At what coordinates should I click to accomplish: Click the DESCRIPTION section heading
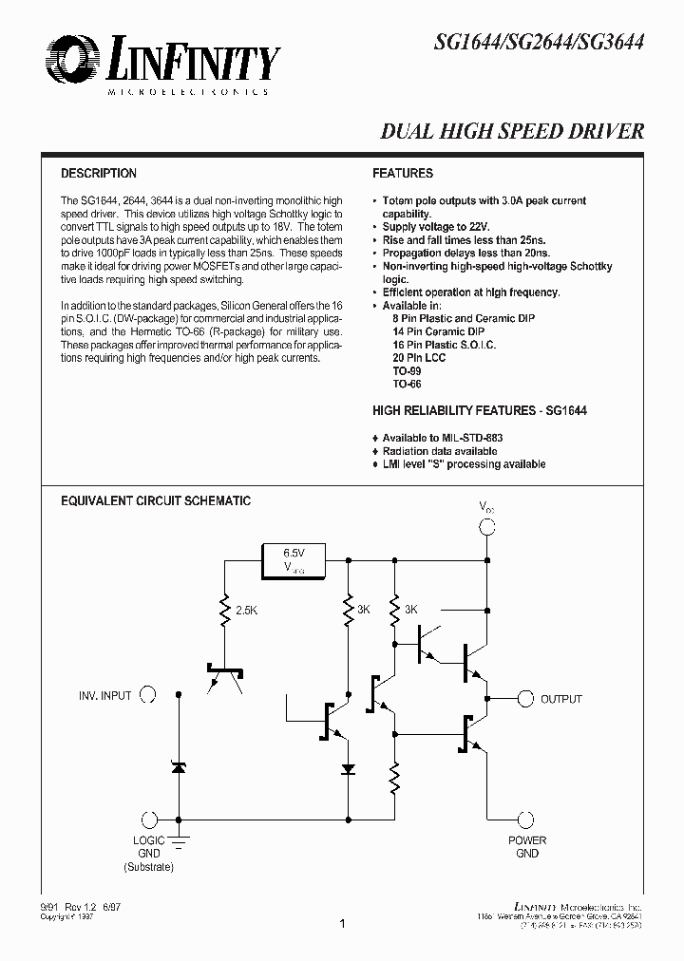[99, 174]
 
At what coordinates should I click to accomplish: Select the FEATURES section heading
[403, 174]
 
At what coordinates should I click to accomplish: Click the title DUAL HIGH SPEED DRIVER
[513, 132]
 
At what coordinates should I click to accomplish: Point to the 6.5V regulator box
[293, 559]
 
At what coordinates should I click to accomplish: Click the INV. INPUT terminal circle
[148, 695]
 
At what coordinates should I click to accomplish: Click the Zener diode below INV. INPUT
[178, 765]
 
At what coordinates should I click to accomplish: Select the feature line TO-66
[407, 385]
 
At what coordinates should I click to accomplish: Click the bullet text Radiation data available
[439, 451]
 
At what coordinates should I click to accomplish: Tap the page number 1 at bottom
[341, 922]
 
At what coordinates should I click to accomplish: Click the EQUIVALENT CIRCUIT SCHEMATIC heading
[156, 500]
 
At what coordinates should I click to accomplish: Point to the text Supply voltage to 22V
[435, 227]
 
